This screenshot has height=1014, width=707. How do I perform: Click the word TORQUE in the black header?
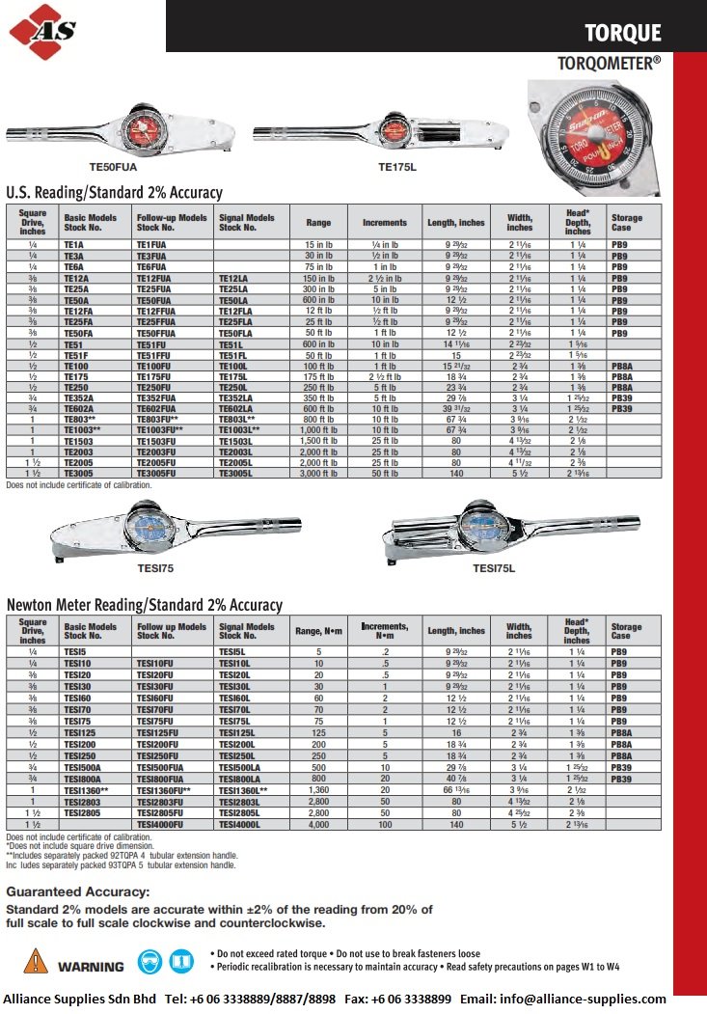coord(623,33)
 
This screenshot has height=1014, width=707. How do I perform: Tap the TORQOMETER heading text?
coord(609,63)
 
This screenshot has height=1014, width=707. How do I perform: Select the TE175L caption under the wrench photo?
coord(395,167)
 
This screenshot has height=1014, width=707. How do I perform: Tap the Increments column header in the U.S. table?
coord(384,223)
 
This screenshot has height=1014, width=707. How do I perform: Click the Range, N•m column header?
coord(318,631)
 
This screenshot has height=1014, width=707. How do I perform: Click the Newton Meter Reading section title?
coord(144,605)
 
